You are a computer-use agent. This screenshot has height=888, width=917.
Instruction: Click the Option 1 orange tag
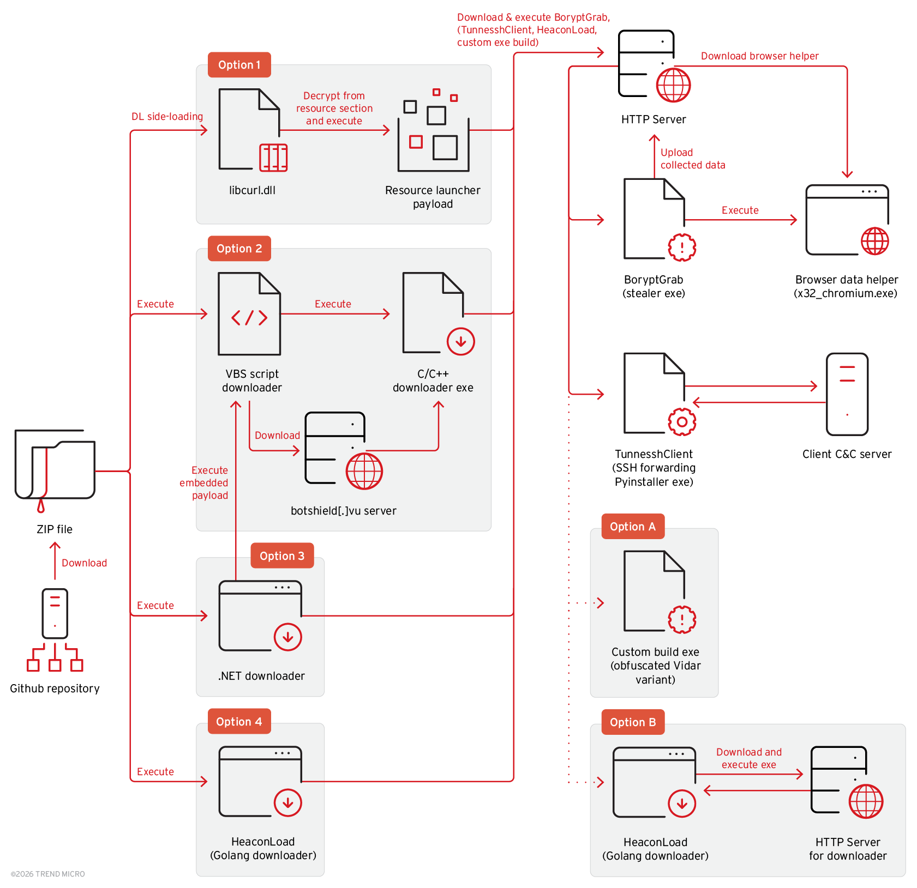[239, 65]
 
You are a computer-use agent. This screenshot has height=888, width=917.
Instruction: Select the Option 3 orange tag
[281, 555]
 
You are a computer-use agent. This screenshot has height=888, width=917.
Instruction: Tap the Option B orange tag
[632, 722]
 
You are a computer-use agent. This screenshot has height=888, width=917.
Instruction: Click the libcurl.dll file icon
[249, 130]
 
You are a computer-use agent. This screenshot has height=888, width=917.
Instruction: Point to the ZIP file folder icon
[55, 466]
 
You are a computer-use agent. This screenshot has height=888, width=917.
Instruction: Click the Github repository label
[55, 688]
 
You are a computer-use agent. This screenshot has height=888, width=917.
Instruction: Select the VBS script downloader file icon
[249, 314]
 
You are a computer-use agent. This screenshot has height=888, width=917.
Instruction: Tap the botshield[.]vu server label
[343, 511]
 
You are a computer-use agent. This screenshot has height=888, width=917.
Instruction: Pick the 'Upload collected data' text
[692, 159]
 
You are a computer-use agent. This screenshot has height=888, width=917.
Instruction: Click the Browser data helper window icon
[847, 220]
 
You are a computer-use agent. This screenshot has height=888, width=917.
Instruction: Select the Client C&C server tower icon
[847, 394]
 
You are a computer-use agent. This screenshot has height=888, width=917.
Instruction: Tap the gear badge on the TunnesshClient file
[681, 421]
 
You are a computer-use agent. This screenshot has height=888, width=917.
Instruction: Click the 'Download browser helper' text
[759, 56]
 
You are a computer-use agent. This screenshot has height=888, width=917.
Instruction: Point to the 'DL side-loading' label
[167, 117]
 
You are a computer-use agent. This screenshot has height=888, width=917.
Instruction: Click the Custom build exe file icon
[654, 591]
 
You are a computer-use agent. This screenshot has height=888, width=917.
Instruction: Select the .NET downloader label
[261, 676]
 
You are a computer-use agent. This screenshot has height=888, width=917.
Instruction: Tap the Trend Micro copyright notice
[48, 874]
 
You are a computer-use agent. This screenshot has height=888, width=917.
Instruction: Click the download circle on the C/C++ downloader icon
[460, 341]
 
